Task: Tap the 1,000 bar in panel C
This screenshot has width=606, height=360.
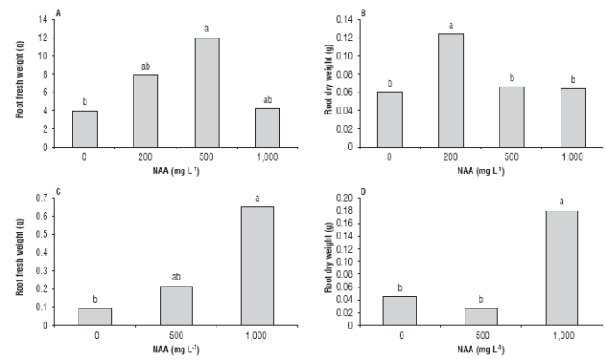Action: (x=257, y=266)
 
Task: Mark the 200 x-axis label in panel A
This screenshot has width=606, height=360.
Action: (x=147, y=157)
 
